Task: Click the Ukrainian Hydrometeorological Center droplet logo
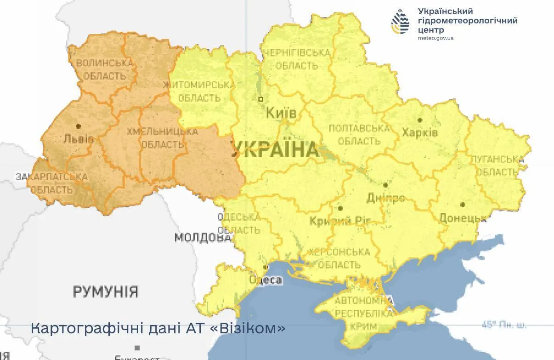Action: [400, 22]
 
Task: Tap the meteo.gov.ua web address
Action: [435, 38]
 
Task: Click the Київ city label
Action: [282, 113]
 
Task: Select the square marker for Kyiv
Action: [261, 99]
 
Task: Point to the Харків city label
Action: [420, 133]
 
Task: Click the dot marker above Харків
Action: [420, 120]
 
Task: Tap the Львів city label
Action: [79, 139]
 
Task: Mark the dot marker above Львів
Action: [79, 126]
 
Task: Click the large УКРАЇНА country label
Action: [275, 150]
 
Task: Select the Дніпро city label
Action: [386, 198]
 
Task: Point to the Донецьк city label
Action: [463, 218]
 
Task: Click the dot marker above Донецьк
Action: [463, 205]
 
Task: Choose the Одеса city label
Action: [266, 280]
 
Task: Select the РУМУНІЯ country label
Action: [106, 291]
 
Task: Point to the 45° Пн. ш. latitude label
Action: [504, 325]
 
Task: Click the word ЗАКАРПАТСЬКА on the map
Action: [51, 177]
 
